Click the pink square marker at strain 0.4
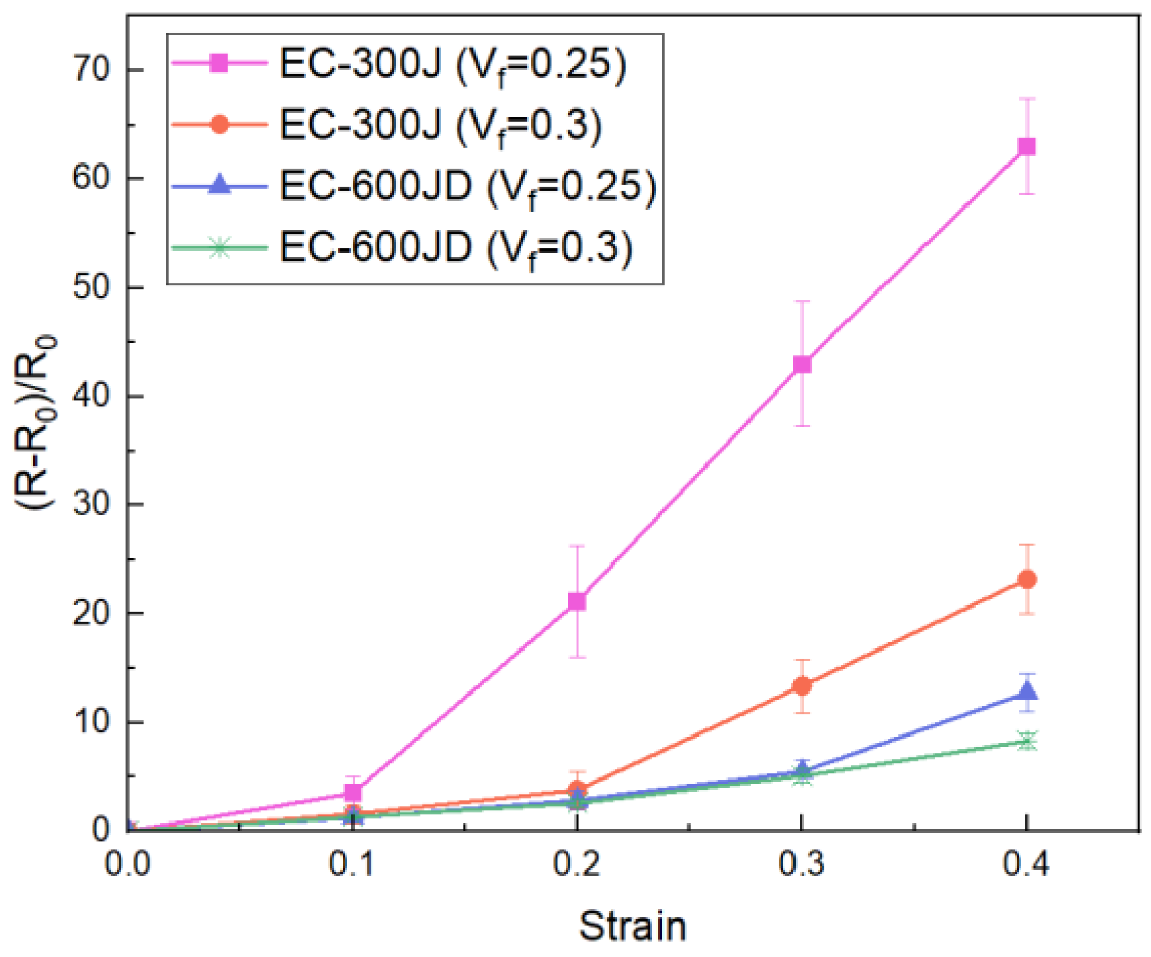(x=1026, y=147)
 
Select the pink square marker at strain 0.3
(x=802, y=365)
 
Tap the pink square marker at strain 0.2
(x=577, y=601)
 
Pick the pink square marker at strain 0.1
(x=353, y=792)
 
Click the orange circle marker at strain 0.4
(x=1027, y=580)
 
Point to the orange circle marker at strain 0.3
(x=802, y=686)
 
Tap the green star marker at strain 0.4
(x=1027, y=741)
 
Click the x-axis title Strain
(x=632, y=926)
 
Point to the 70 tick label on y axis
(x=92, y=70)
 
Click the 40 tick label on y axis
(x=92, y=396)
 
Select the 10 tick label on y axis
(x=92, y=722)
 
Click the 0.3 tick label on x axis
(x=802, y=864)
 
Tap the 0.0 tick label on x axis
(x=128, y=864)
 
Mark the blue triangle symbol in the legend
(x=219, y=185)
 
